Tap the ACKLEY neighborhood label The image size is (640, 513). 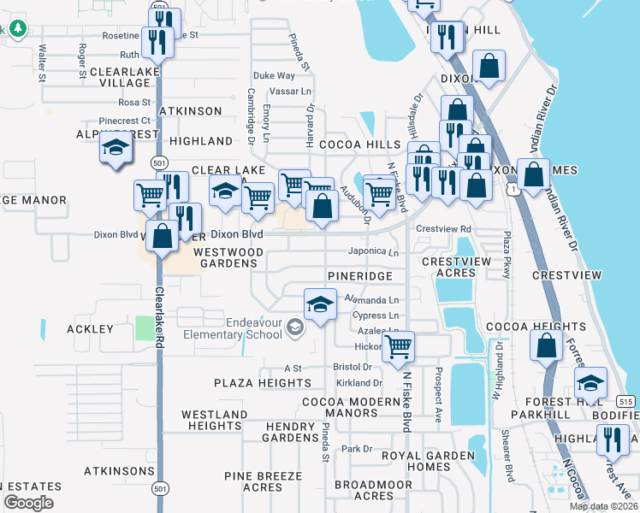(x=90, y=329)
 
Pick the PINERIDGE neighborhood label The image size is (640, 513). (x=360, y=277)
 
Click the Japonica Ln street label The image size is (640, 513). (x=374, y=252)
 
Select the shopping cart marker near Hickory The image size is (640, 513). (x=398, y=347)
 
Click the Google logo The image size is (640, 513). (x=28, y=503)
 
